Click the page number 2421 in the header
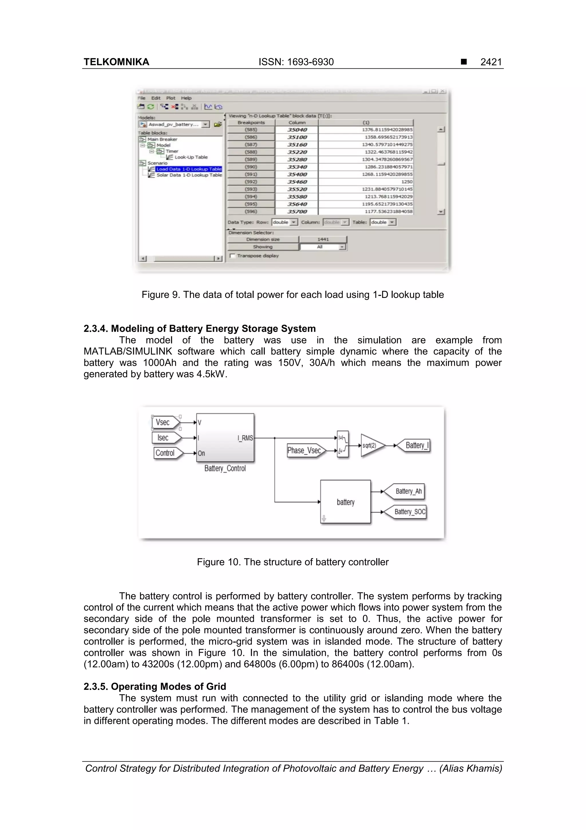pos(491,62)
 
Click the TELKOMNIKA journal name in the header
pos(116,62)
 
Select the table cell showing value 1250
pos(365,182)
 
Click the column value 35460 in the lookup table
pos(297,182)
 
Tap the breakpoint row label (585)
pos(251,130)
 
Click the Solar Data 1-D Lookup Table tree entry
pos(189,175)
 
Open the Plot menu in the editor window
pos(171,98)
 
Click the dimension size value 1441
pos(323,239)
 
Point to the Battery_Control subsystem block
pos(225,438)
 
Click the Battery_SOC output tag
pos(407,512)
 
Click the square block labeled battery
pos(346,502)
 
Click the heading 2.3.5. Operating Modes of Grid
pos(155,686)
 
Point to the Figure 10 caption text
pos(292,562)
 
